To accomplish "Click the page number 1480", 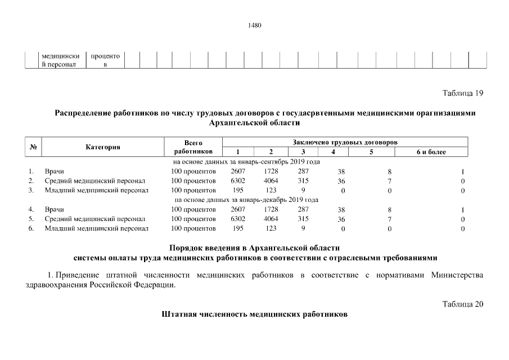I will [254, 25].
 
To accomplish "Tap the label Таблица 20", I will [463, 304].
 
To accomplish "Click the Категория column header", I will [103, 147].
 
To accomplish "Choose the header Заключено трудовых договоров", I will [345, 143].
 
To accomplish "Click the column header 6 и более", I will [431, 152].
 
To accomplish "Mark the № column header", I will [33, 147].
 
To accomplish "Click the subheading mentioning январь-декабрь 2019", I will [247, 200].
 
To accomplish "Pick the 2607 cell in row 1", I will [238, 171].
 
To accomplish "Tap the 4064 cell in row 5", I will [271, 219].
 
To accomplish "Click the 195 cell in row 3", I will [238, 190].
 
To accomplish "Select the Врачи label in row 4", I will [55, 209].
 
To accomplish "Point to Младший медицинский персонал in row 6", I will [96, 228].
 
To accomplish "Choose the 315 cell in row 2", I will [303, 181].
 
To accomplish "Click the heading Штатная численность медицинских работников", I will [254, 314].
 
